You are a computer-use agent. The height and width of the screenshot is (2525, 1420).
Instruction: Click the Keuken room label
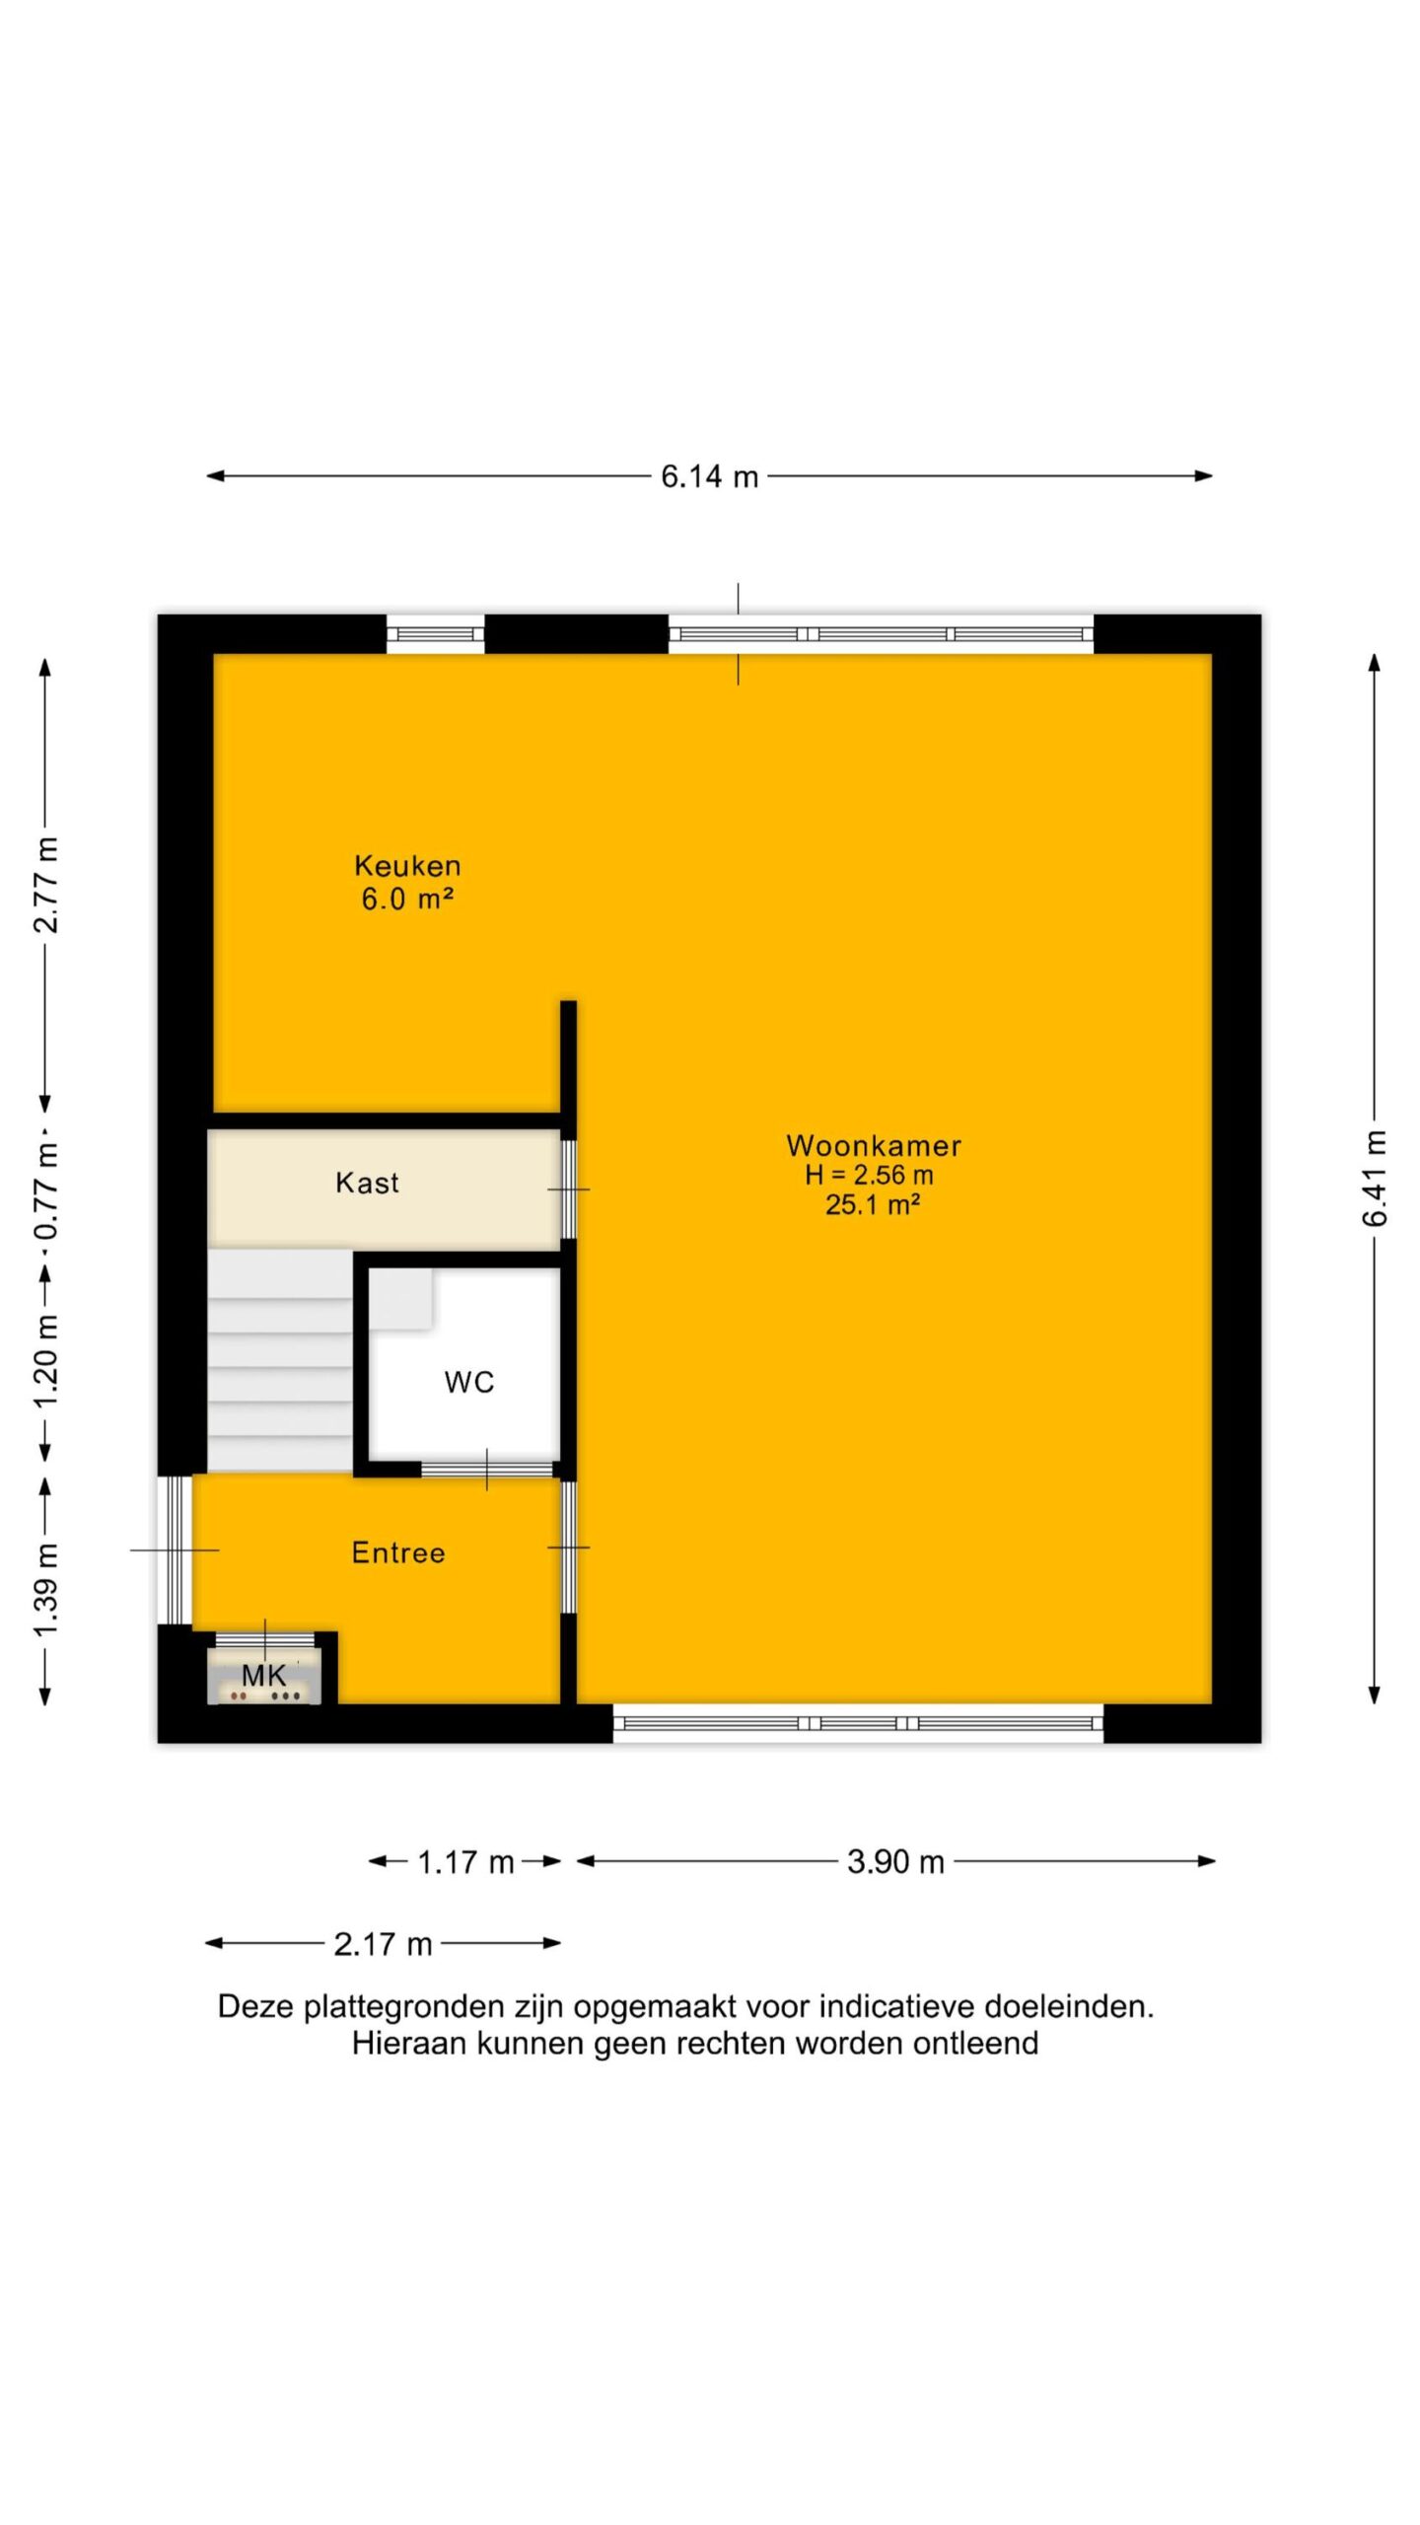pyautogui.click(x=407, y=866)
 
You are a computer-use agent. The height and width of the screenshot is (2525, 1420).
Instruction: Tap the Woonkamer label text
pyautogui.click(x=874, y=1145)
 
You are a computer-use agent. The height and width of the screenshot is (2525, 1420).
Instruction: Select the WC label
pyautogui.click(x=469, y=1382)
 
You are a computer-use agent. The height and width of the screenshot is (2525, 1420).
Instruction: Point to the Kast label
pyautogui.click(x=367, y=1183)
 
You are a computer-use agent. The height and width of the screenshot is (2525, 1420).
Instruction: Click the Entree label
pyautogui.click(x=398, y=1552)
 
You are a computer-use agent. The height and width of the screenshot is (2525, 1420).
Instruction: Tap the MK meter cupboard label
pyautogui.click(x=263, y=1674)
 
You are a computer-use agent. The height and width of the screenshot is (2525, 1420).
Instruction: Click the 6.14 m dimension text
pyautogui.click(x=710, y=476)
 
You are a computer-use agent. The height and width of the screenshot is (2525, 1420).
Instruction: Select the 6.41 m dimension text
pyautogui.click(x=1375, y=1179)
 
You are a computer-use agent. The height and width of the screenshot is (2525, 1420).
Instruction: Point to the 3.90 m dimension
pyautogui.click(x=895, y=1861)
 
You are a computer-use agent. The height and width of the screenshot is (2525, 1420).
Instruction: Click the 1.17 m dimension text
pyautogui.click(x=465, y=1862)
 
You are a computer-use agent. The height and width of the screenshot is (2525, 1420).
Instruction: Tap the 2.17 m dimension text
pyautogui.click(x=383, y=1943)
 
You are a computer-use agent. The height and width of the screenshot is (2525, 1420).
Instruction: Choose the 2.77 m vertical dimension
pyautogui.click(x=46, y=885)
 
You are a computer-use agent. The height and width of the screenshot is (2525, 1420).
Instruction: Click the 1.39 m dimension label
pyautogui.click(x=46, y=1588)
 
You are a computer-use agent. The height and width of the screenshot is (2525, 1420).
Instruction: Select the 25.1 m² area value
pyautogui.click(x=873, y=1204)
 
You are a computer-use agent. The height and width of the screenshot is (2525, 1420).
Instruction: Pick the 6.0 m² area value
pyautogui.click(x=407, y=899)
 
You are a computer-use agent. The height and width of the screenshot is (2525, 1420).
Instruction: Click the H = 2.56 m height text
pyautogui.click(x=869, y=1175)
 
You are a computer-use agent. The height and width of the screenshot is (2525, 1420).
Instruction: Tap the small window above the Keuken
pyautogui.click(x=435, y=634)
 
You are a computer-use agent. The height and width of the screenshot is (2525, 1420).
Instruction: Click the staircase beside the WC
pyautogui.click(x=280, y=1361)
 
